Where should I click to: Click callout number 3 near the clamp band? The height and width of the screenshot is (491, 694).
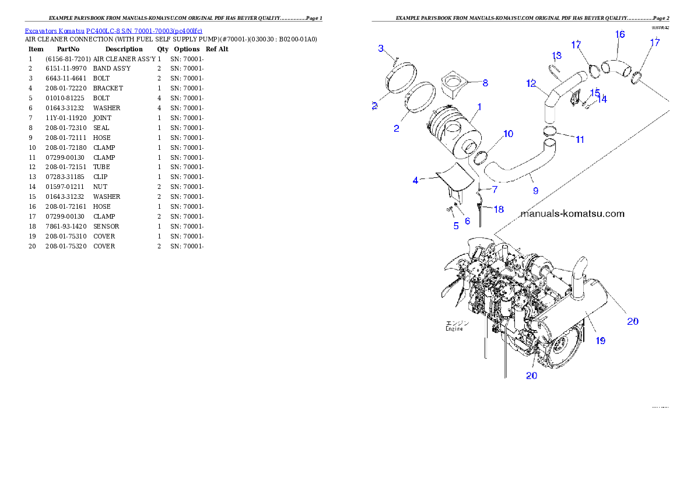381,48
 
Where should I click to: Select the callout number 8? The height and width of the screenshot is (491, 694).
485,83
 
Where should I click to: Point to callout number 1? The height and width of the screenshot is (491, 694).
479,107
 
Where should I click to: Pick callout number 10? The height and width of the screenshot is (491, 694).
508,134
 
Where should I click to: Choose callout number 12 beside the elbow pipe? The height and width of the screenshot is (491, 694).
531,84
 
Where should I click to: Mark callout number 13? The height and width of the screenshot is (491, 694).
557,55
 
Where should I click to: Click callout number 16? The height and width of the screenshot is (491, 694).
620,35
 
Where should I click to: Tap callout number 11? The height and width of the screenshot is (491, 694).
580,139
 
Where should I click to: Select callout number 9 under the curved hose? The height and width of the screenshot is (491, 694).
535,190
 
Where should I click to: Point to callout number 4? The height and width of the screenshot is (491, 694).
415,181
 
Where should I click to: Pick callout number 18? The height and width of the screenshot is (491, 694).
499,209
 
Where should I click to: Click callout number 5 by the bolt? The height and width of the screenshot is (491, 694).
456,226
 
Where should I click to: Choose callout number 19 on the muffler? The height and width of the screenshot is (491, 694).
600,341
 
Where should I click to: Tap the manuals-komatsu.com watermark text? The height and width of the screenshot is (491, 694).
572,214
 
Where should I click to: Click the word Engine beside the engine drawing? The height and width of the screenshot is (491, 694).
454,329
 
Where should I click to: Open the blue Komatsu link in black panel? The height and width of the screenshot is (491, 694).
113,31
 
